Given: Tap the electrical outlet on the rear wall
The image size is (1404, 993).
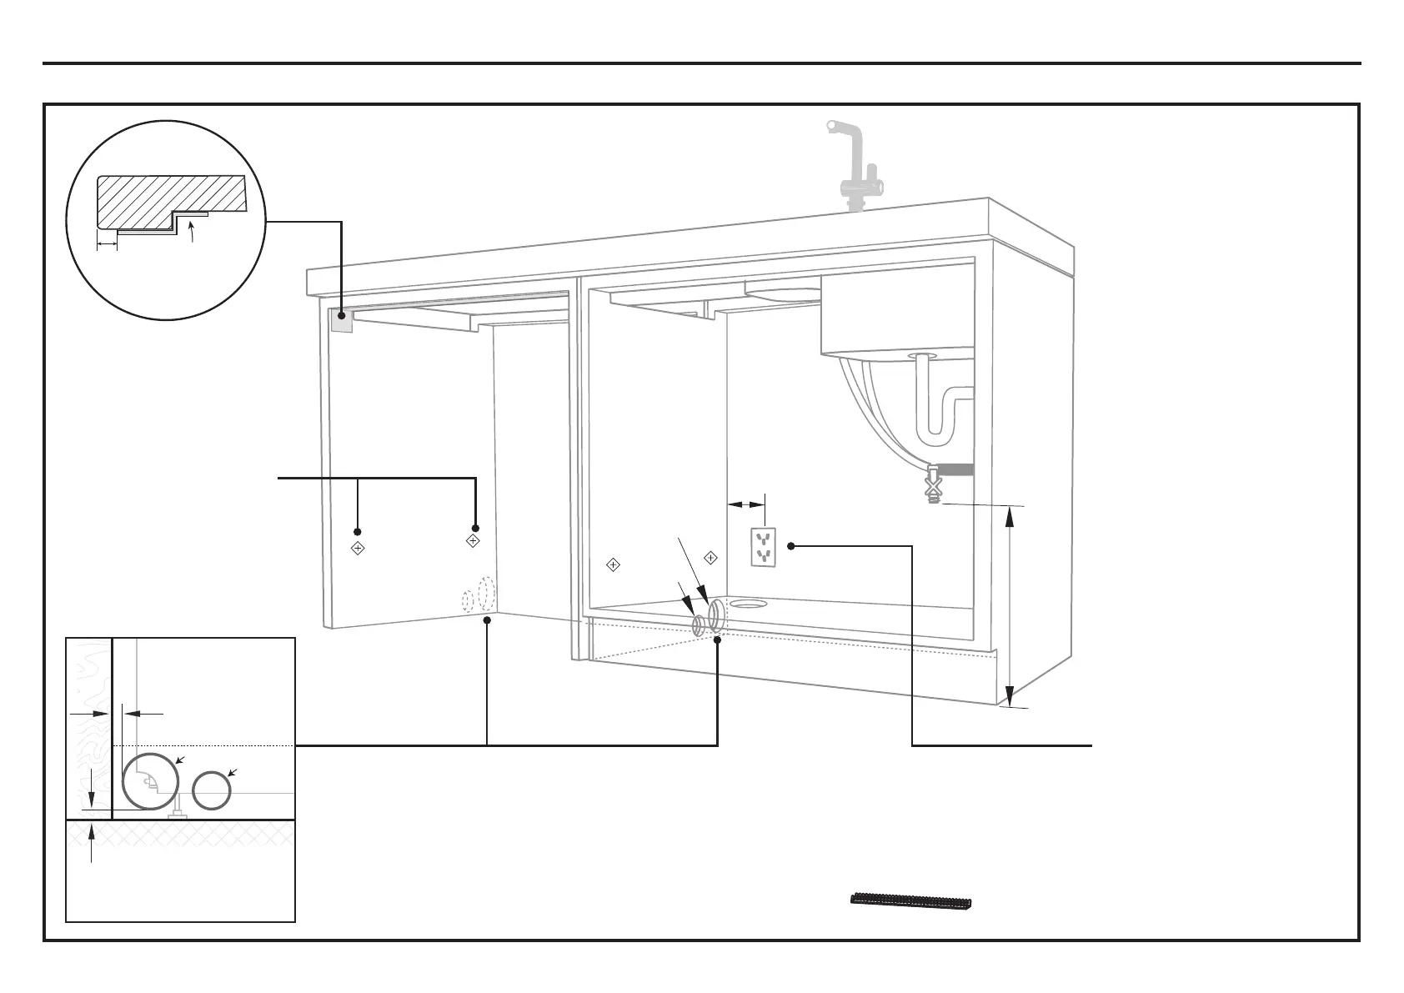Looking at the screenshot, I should pyautogui.click(x=764, y=546).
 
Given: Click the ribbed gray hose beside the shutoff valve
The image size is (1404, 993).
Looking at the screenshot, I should pyautogui.click(x=956, y=469).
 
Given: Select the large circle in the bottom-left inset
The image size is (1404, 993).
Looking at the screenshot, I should pyautogui.click(x=151, y=780).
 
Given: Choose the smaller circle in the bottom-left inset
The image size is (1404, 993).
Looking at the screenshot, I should pyautogui.click(x=212, y=790).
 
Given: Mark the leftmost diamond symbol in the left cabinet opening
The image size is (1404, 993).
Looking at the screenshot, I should pyautogui.click(x=357, y=549).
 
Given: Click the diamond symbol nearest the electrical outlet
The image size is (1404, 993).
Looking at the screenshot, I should pyautogui.click(x=711, y=557).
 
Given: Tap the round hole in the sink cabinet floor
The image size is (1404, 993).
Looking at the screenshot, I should pyautogui.click(x=750, y=602).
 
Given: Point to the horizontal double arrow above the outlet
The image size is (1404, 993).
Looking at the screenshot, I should pyautogui.click(x=746, y=504).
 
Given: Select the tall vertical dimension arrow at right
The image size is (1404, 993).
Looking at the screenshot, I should pyautogui.click(x=1010, y=605).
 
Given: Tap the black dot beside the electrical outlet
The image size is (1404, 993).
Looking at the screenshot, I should pyautogui.click(x=790, y=546).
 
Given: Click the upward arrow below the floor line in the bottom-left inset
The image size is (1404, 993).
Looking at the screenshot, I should pyautogui.click(x=92, y=843).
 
